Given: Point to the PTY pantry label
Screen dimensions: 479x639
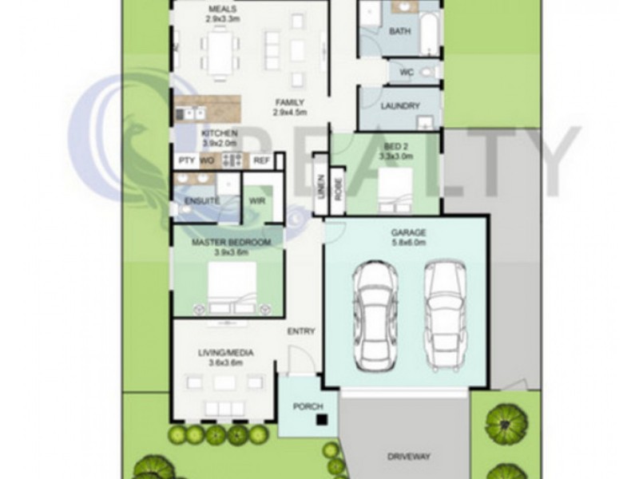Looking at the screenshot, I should coord(186,160).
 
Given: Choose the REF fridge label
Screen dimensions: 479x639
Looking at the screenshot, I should coord(261,160).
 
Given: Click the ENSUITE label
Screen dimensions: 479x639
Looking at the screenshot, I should coord(201,200).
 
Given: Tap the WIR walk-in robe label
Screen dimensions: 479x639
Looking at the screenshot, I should coord(257,200).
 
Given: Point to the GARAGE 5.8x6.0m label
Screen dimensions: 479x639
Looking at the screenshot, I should coord(407,237).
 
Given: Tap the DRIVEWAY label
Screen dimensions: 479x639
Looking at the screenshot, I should coord(409,457).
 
